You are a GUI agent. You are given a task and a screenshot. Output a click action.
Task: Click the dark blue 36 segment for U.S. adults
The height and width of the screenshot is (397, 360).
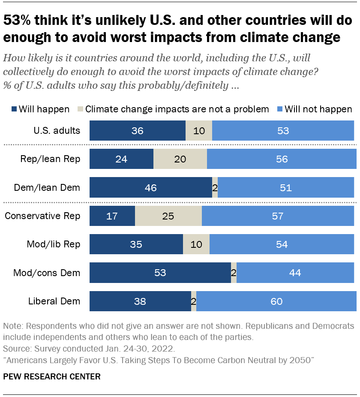point(137,131)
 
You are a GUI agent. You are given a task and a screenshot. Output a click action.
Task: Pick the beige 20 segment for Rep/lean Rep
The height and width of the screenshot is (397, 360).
point(180,159)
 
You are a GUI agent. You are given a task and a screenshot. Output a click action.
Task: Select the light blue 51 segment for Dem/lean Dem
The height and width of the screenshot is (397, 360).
point(285,188)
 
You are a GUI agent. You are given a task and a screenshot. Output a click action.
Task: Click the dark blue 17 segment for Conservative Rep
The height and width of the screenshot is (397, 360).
point(112,216)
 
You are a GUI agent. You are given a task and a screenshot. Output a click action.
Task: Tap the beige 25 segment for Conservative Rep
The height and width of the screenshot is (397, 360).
point(168,216)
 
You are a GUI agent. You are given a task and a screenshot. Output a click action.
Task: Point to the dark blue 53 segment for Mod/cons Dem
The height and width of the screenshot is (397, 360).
point(160,273)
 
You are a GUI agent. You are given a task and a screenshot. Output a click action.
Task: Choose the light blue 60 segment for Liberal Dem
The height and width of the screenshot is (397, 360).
point(276,301)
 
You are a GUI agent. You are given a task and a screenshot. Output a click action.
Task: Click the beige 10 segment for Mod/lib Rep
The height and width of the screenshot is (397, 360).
point(196,244)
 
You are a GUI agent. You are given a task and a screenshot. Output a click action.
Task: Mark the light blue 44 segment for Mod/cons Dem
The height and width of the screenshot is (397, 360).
point(295,273)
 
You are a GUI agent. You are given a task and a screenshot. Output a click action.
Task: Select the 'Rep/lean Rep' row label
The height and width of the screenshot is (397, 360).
point(51,159)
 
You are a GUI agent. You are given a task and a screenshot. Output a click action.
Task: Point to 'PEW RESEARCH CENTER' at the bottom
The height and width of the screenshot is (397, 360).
point(52,377)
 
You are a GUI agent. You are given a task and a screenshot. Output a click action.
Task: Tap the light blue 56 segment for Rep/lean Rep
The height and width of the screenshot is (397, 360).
point(282,159)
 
